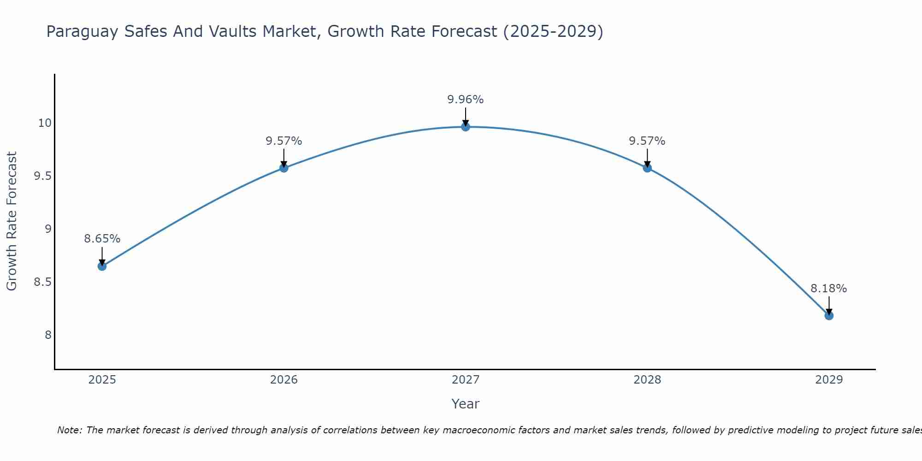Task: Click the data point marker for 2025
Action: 102,266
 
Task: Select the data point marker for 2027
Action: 466,127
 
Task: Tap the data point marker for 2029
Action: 829,315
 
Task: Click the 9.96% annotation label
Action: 466,100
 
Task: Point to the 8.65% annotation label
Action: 102,239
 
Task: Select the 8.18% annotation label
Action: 829,289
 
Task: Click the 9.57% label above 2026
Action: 284,141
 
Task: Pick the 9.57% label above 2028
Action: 647,141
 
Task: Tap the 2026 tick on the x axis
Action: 284,380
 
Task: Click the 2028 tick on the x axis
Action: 647,380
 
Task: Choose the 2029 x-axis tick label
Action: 829,380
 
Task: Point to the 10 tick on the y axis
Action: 45,123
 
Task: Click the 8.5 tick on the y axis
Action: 42,282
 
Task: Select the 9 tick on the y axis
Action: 48,229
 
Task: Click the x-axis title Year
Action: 466,404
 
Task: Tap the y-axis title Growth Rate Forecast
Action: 12,221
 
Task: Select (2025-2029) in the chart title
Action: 553,32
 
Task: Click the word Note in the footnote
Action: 69,431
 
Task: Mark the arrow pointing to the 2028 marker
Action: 647,158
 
